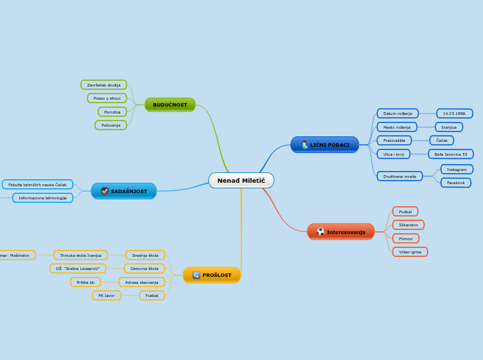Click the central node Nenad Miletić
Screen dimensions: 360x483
241,181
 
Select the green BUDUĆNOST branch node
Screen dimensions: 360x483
170,105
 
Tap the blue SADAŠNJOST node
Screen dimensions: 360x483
124,191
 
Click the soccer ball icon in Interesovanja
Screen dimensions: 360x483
320,232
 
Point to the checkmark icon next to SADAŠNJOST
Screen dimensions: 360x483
105,191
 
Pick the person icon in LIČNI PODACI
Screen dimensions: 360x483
304,145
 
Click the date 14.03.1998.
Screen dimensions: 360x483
454,114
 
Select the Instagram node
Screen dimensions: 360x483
457,170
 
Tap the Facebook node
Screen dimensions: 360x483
455,183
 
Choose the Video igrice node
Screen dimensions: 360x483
410,252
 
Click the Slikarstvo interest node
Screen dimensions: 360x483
408,225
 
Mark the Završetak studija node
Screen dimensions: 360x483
104,85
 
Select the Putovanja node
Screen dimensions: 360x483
111,125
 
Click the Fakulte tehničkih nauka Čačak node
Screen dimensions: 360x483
37,185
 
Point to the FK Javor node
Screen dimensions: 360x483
106,296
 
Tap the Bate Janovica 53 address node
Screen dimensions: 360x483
450,154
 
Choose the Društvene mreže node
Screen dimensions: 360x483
400,177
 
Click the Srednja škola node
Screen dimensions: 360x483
145,255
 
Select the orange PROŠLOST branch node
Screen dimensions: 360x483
212,275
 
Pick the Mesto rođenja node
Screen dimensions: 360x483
397,127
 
